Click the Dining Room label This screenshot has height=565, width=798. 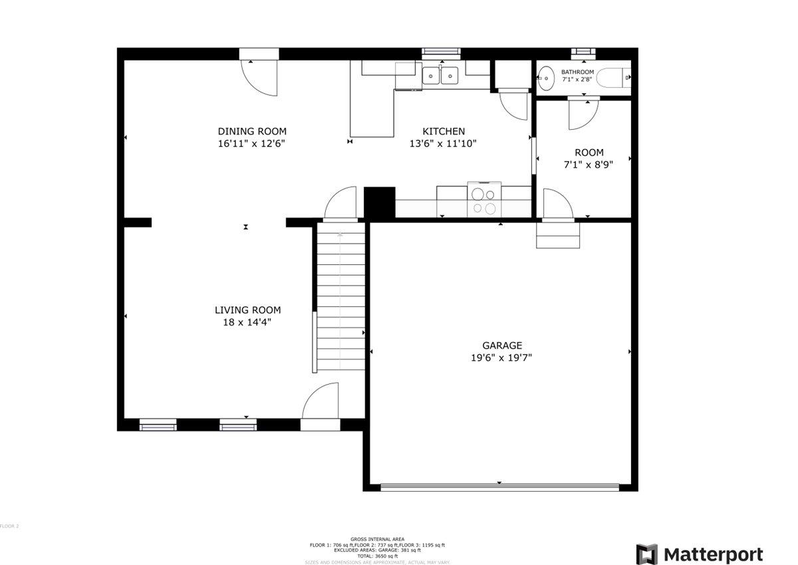click(x=252, y=131)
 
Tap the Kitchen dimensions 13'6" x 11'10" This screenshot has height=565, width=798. click(x=444, y=143)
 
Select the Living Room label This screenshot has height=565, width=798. click(x=247, y=310)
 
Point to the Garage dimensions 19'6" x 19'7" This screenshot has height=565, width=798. click(x=502, y=357)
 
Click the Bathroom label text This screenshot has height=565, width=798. click(x=577, y=72)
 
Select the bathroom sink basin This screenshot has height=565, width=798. click(x=546, y=79)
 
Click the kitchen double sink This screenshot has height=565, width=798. click(x=441, y=76)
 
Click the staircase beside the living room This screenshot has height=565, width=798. click(x=340, y=297)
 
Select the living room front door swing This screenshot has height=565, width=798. click(x=321, y=401)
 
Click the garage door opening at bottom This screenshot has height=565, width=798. click(x=499, y=487)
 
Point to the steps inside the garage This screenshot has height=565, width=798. click(x=558, y=236)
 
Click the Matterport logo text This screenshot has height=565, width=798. click(x=712, y=554)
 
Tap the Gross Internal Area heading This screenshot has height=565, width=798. click(x=377, y=539)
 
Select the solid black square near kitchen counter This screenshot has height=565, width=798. click(x=380, y=202)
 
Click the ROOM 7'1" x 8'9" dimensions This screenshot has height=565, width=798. click(x=589, y=164)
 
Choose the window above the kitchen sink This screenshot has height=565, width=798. click(x=441, y=51)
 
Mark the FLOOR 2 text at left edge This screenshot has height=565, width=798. click(x=9, y=526)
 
